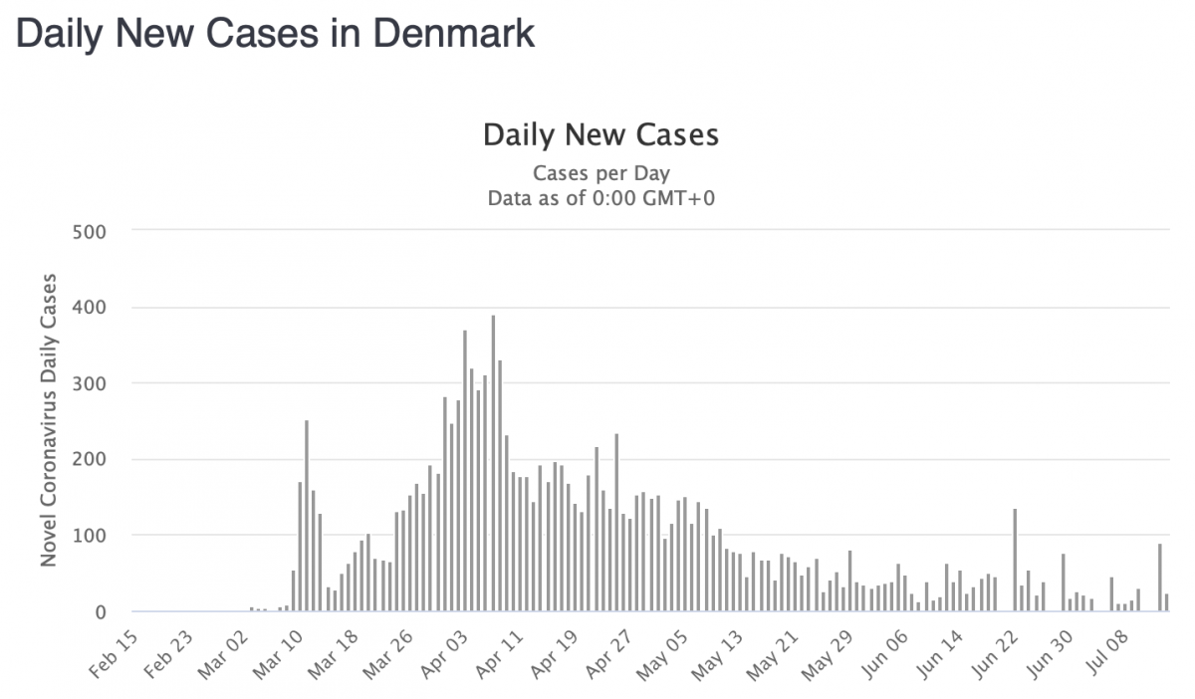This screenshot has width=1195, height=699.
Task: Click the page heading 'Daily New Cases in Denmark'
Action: (x=276, y=34)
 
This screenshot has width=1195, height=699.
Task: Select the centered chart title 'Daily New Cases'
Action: (x=600, y=134)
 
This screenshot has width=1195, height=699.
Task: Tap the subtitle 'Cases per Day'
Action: (x=600, y=173)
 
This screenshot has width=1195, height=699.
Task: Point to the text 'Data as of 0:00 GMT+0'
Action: (x=600, y=198)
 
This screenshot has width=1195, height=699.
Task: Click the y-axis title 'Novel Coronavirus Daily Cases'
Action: (x=48, y=419)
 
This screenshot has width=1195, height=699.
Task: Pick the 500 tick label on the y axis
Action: (x=89, y=231)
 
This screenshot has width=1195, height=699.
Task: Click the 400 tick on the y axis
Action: (x=89, y=307)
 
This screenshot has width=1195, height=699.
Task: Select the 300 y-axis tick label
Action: (x=89, y=383)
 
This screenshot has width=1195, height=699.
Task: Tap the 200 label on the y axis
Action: (x=89, y=459)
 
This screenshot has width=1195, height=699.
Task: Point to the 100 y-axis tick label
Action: (x=89, y=536)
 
